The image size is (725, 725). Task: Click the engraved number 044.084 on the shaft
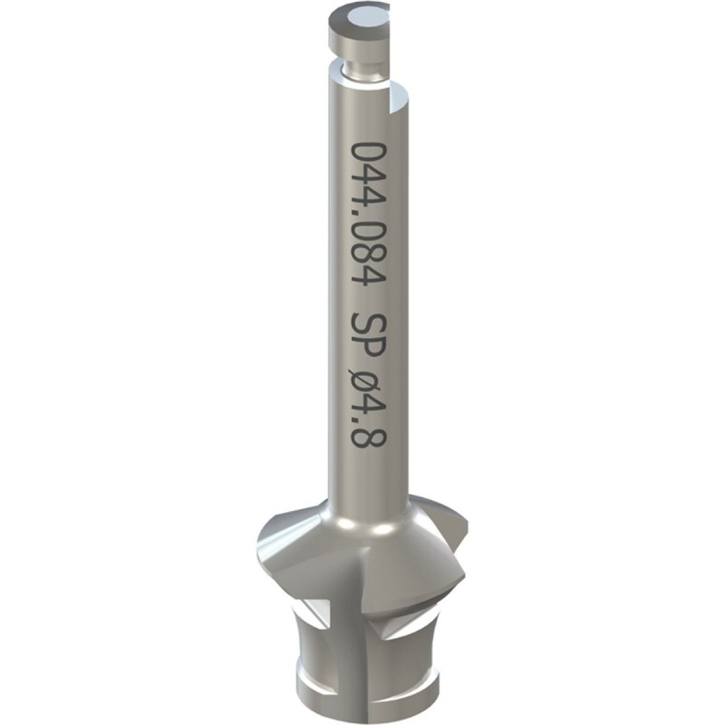pyautogui.click(x=369, y=214)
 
